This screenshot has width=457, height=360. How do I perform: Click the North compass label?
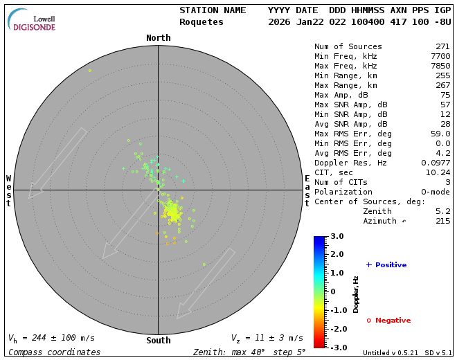159,38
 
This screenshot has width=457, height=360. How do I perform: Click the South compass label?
159,341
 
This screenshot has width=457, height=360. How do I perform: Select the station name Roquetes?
201,22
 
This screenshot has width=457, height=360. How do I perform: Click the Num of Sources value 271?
441,47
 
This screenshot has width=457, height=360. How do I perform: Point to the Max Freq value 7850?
440,66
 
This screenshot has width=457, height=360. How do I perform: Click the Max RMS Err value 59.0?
440,134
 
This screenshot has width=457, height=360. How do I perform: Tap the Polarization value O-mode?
435,192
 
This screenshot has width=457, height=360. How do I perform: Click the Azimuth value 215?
442,222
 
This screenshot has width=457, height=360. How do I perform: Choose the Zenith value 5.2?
444,212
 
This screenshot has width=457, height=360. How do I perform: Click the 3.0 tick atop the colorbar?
337,237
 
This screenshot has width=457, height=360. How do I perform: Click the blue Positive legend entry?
386,265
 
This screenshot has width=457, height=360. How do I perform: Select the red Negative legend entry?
388,321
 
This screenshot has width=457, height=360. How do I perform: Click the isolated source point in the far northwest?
90,71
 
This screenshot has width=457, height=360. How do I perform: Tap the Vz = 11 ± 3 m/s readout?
267,339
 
